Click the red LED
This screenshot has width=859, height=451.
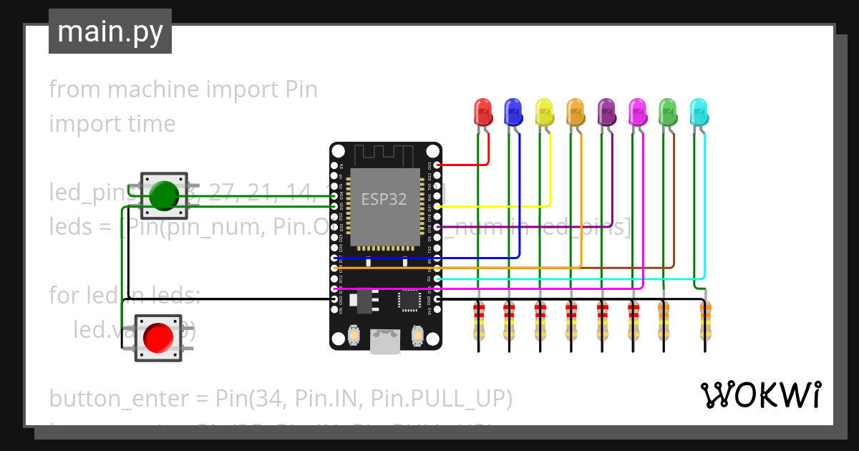pyautogui.click(x=484, y=111)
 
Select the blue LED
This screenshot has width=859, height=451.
pyautogui.click(x=513, y=111)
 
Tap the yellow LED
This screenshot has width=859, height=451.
pyautogui.click(x=545, y=111)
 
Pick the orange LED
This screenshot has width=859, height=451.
pyautogui.click(x=576, y=111)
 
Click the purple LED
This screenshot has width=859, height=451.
pyautogui.click(x=606, y=111)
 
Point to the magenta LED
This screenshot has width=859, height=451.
pyautogui.click(x=637, y=111)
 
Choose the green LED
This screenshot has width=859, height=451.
pyautogui.click(x=668, y=111)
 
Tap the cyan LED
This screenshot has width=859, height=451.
pyautogui.click(x=699, y=111)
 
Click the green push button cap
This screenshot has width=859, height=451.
pyautogui.click(x=164, y=195)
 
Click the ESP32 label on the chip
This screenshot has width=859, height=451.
pyautogui.click(x=384, y=199)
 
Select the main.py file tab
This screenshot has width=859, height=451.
pyautogui.click(x=110, y=31)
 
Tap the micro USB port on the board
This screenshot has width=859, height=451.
pyautogui.click(x=385, y=343)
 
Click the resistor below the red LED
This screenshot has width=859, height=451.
pyautogui.click(x=478, y=320)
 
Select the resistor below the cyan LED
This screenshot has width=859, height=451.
pyautogui.click(x=705, y=320)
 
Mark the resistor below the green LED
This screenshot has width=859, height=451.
pyautogui.click(x=664, y=320)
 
